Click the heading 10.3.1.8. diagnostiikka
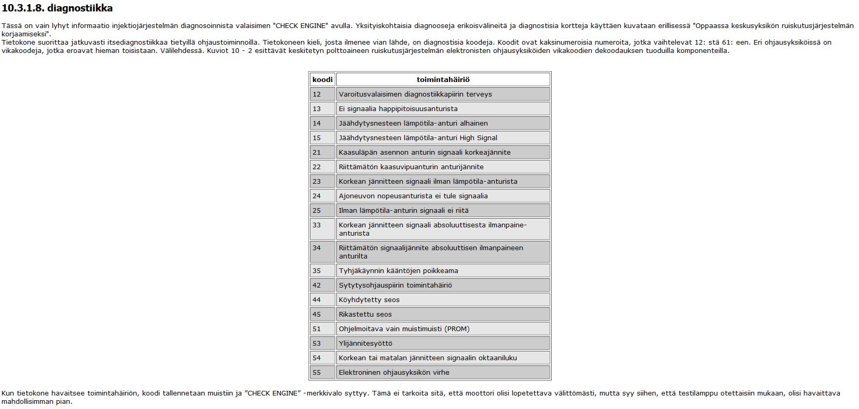[57, 8]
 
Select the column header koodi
[322, 79]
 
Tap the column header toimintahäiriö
[443, 79]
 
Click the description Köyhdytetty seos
[369, 299]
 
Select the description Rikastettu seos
[365, 314]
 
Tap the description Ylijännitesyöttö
[365, 343]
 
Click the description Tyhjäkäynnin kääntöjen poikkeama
[398, 270]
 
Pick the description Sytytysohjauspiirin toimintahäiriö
[395, 285]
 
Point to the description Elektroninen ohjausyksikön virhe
[394, 372]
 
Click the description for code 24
[413, 196]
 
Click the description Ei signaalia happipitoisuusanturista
[398, 108]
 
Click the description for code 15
[418, 138]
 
